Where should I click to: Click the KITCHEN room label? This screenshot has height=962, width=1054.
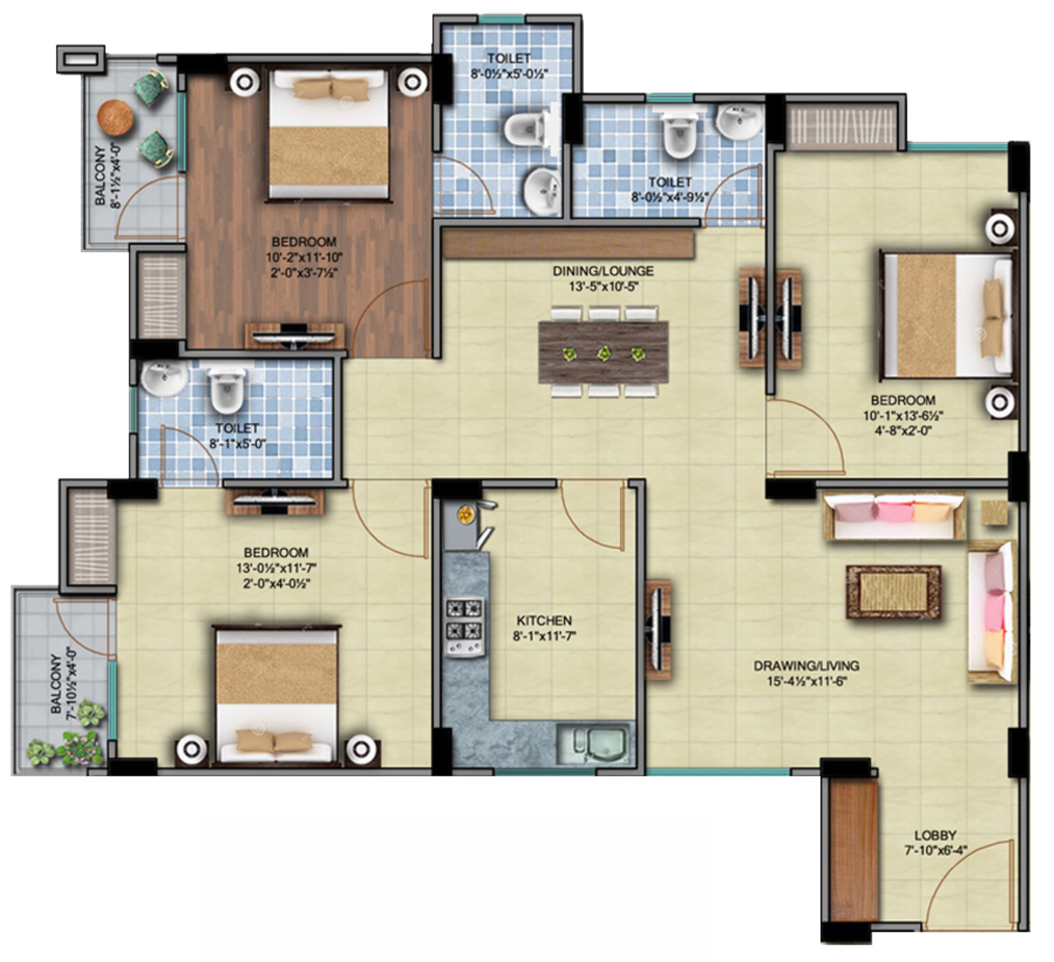544,620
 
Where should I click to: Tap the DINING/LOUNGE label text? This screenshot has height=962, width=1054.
603,271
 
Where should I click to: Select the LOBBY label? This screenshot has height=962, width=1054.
935,835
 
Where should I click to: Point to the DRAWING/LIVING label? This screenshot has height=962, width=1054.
806,666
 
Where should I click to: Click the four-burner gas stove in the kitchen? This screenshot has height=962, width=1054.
464,627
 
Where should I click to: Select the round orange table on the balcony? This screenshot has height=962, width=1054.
115,118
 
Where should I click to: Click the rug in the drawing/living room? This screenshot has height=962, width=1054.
893,592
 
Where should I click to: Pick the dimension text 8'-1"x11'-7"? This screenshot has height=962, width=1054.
544,636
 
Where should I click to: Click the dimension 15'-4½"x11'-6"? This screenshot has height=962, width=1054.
807,681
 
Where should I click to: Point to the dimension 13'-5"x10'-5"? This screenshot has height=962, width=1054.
604,287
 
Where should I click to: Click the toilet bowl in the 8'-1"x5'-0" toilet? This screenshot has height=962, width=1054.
226,390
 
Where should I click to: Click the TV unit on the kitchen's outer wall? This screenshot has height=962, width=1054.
658,629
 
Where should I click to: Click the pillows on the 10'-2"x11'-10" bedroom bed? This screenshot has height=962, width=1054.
331,88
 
